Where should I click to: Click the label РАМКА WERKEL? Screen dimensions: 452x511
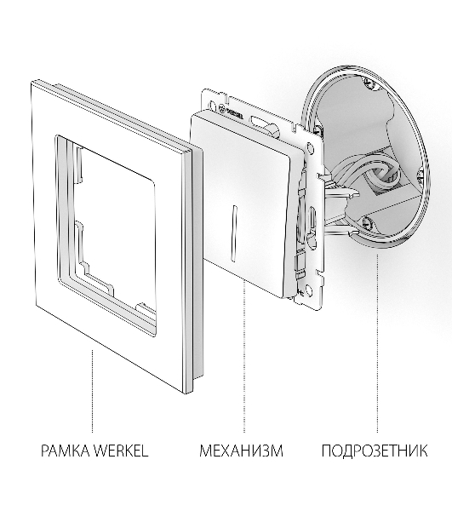pos(94,451)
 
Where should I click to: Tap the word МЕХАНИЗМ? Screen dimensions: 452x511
pos(241,451)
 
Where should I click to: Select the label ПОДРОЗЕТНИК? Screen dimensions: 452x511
pos(375,451)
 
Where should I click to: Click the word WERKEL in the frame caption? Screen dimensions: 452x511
pos(121,451)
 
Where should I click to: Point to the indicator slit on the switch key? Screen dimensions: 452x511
pos(233,233)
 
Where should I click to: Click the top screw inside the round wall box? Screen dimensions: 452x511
pos(369,83)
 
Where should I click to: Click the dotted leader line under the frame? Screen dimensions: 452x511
pos(92,391)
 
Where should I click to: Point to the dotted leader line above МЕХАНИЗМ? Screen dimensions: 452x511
pos(244,357)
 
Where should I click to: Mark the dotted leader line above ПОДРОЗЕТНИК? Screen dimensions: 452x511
pos(377,344)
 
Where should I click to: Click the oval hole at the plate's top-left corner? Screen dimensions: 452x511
pos(212,106)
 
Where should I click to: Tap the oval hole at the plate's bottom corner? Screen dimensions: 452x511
pos(307,288)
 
